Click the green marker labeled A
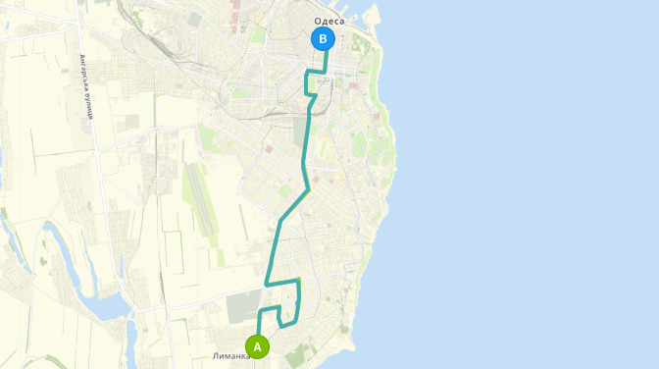[257, 346]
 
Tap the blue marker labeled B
[323, 39]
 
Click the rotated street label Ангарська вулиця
[86, 85]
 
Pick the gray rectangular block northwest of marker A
[242, 305]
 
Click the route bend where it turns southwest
[307, 188]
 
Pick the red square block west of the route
[269, 149]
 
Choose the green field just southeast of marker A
[294, 352]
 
